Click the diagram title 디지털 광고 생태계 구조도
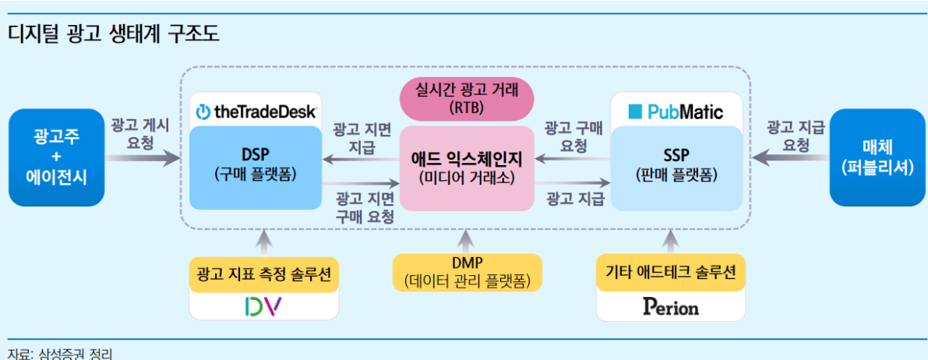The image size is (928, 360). point(114,34)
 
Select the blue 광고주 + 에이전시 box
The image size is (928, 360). point(56,157)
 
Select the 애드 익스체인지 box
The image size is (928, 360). point(467,168)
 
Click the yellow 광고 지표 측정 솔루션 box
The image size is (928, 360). point(264,274)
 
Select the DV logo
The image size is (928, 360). point(264,305)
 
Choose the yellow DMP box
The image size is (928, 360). point(468,273)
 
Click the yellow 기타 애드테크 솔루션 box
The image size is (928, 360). point(670,274)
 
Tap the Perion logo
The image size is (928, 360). point(671,307)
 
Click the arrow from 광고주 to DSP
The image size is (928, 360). point(143,158)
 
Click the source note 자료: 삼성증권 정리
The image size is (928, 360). point(59,354)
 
